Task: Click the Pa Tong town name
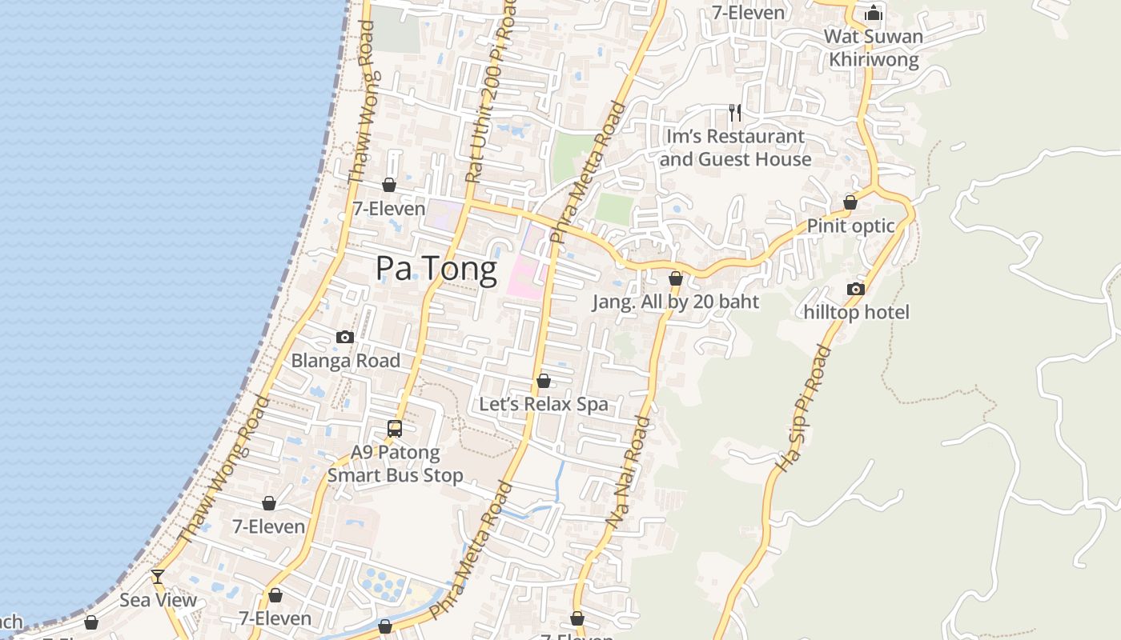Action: point(436,269)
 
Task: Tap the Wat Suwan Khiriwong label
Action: point(874,48)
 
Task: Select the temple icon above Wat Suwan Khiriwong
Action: point(874,13)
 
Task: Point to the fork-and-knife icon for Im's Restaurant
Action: point(734,112)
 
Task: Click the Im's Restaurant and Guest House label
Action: point(735,148)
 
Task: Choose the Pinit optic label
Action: point(850,226)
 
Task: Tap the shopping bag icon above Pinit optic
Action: point(850,202)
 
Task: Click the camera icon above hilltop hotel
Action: point(856,289)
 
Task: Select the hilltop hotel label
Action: point(857,312)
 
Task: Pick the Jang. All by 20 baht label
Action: point(675,302)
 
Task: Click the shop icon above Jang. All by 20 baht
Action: point(676,278)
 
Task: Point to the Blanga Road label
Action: point(345,361)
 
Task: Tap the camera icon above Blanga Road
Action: point(345,337)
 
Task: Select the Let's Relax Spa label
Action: point(544,404)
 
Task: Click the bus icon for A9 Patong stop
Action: point(395,428)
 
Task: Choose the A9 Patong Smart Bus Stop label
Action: point(396,464)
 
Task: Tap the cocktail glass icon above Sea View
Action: point(158,576)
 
